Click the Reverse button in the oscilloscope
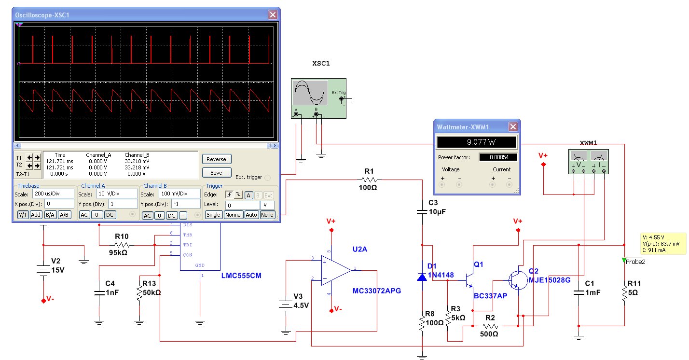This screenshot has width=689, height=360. pyautogui.click(x=216, y=159)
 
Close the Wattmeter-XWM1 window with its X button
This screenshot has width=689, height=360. pyautogui.click(x=513, y=127)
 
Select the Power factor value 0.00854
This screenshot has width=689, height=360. pyautogui.click(x=497, y=157)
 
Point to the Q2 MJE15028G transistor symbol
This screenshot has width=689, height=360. pyautogui.click(x=517, y=279)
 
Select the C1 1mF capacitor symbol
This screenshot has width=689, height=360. pyautogui.click(x=579, y=292)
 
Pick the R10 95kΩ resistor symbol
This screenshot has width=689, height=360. pyautogui.click(x=122, y=245)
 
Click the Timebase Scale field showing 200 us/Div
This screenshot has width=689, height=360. pyautogui.click(x=59, y=194)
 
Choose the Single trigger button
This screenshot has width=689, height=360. pyautogui.click(x=213, y=215)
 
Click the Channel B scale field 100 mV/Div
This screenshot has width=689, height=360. pyautogui.click(x=179, y=194)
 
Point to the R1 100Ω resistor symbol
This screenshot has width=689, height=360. pyautogui.click(x=369, y=180)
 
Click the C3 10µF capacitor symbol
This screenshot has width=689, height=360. pyautogui.click(x=422, y=211)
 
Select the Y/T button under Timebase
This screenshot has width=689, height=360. pyautogui.click(x=23, y=215)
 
